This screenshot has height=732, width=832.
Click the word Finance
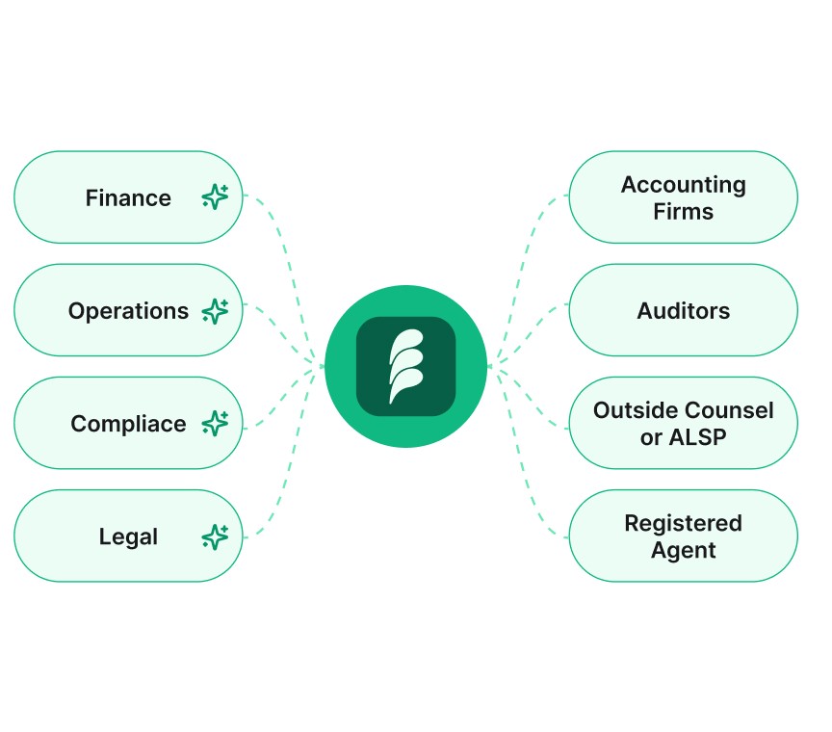(x=128, y=198)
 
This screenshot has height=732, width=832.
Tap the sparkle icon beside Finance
(x=215, y=197)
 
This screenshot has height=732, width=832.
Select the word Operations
(x=128, y=311)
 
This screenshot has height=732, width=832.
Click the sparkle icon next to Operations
(x=215, y=311)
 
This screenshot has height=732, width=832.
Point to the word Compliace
(x=128, y=424)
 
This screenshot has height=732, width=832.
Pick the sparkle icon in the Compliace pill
(x=215, y=424)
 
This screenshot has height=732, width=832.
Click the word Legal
(x=128, y=536)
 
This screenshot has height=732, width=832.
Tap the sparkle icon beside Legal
(x=215, y=536)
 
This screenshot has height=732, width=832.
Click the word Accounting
(x=683, y=185)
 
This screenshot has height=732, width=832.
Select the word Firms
(x=683, y=211)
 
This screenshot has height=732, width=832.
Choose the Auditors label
(x=683, y=311)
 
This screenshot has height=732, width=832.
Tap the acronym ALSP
(x=698, y=437)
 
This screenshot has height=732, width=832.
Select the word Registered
(x=683, y=524)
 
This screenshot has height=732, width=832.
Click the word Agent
(x=683, y=551)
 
